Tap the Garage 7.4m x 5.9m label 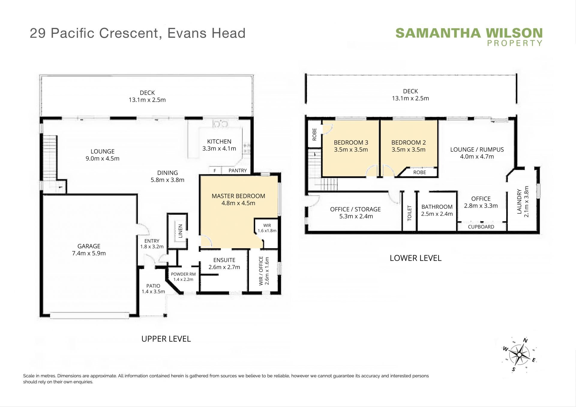pos(89,250)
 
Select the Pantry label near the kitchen pos(238,170)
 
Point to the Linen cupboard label pos(180,231)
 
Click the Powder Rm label pos(183,274)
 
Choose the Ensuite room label pos(224,260)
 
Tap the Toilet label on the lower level pos(409,213)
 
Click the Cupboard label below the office pos(481,227)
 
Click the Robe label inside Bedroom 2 pos(419,172)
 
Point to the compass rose pos(519,355)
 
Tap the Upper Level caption pos(166,339)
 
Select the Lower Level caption pos(415,258)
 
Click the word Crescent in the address pos(129,33)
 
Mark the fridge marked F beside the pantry pos(215,171)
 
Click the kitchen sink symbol pos(220,123)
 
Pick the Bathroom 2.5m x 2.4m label pos(437,210)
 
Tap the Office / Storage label pos(355,213)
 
